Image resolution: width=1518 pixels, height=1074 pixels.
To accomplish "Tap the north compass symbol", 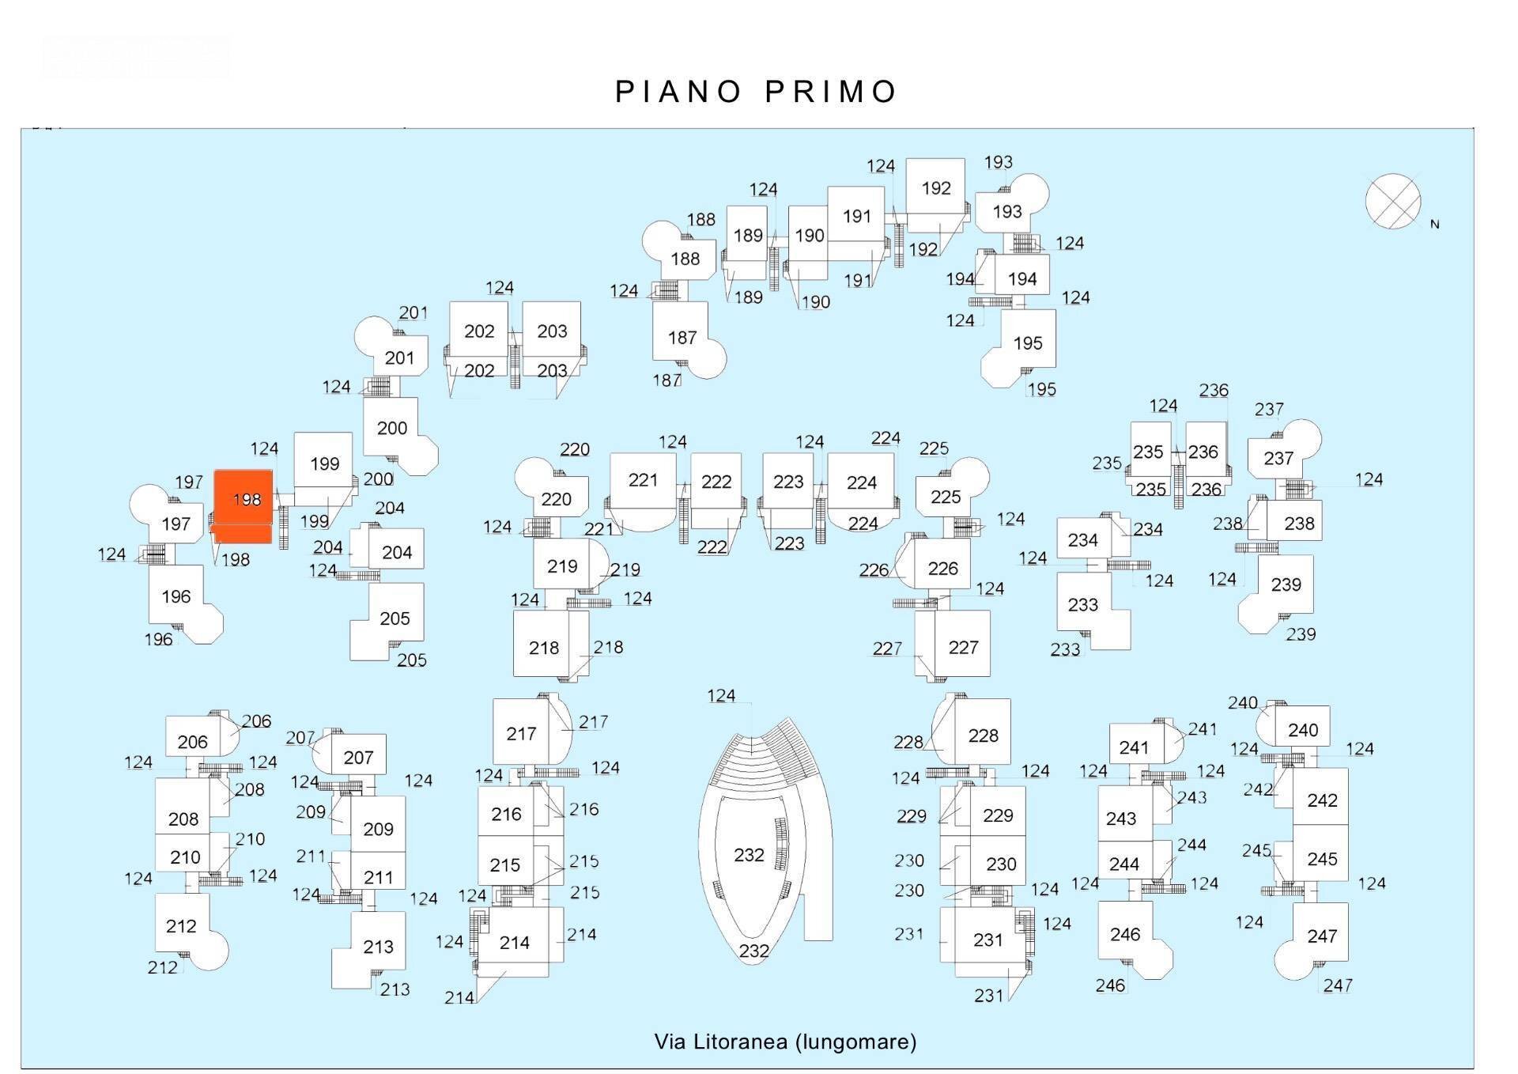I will coord(1392,201).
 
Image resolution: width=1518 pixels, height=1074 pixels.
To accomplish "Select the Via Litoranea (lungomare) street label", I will coord(785,1042).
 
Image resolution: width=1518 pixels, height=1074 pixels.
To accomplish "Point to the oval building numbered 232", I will coord(749,855).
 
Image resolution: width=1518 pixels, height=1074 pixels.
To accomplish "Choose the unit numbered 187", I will coord(681,338).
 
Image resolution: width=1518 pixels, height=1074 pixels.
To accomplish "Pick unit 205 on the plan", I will coord(395,618).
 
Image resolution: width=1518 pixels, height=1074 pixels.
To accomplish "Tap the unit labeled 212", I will coord(181,926).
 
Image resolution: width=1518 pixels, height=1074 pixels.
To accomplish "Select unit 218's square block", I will coord(544,648).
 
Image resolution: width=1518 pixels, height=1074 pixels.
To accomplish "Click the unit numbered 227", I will coord(963,647).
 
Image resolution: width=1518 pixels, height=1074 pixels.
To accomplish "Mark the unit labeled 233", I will coord(1082,605).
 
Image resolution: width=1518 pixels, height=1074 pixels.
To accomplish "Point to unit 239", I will coord(1286,584).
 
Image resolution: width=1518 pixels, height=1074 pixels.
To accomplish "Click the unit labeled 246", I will coord(1124,934).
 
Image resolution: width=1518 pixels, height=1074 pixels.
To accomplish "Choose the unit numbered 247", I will coord(1321,936).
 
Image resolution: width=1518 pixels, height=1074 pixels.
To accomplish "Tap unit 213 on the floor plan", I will coord(378,947).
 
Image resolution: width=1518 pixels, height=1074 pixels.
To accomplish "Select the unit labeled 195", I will coord(1027,343).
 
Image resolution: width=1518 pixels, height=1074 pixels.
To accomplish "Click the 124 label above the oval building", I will coord(721,696).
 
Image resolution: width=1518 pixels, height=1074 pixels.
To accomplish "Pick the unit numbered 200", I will coord(391,428).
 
